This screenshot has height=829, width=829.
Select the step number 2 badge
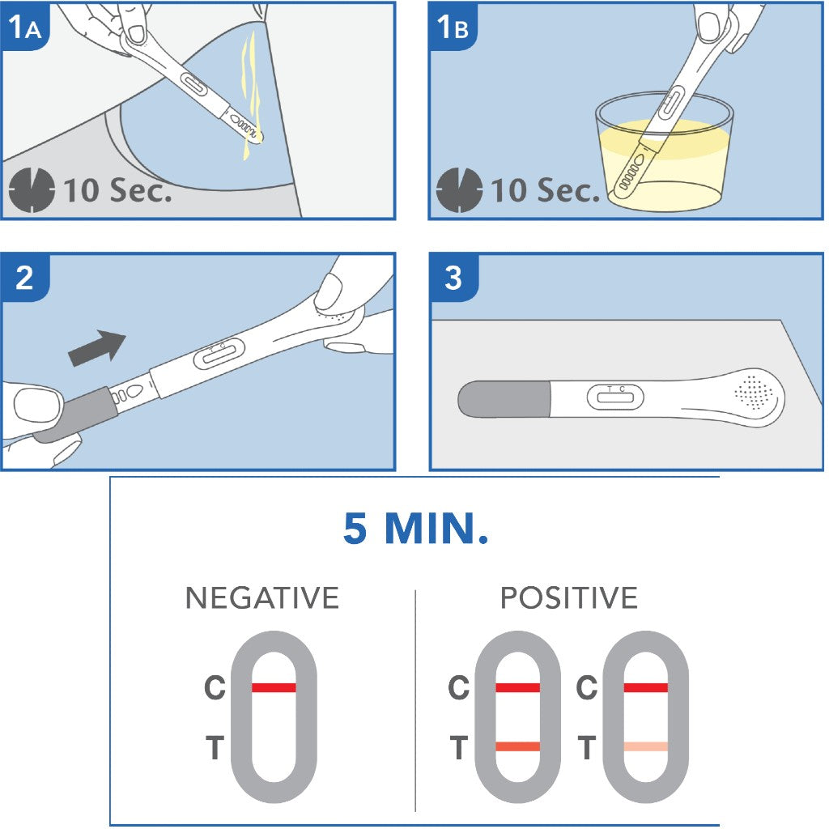pos(25,278)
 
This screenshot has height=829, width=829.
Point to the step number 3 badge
pos(453,278)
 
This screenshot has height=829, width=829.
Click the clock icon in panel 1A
pos(32,190)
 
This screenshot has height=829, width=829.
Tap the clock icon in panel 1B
pos(459,190)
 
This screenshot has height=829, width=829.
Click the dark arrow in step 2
pos(97,348)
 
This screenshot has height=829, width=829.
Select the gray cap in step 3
pos(504,399)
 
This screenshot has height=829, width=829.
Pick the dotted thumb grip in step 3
pos(754,393)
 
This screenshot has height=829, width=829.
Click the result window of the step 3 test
pos(615,397)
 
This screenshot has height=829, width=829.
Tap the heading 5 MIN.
pos(415,528)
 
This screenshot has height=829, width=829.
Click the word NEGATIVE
pos(262,598)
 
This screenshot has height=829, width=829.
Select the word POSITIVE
pos(569,598)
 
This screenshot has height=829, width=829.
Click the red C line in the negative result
pos(274,687)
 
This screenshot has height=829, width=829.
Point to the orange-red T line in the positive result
pos(517,746)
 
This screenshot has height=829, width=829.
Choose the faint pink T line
pos(645,746)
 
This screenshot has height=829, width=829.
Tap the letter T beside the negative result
pos(215,747)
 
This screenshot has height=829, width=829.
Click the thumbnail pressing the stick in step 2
pos(329,291)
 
